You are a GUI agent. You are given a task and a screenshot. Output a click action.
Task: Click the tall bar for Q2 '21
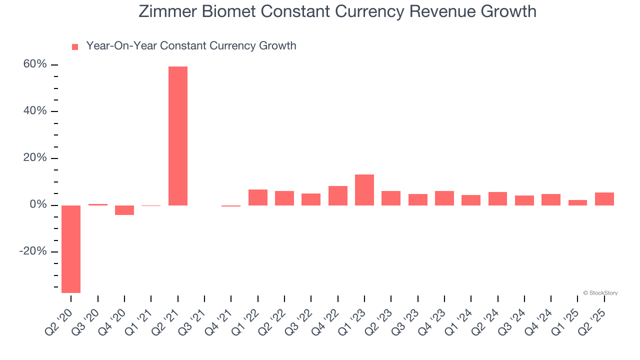pos(177,136)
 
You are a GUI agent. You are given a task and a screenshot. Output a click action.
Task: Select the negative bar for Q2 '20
pos(71,249)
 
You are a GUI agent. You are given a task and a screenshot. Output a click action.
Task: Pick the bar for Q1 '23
pos(364,190)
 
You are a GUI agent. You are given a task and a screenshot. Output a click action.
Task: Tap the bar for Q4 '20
pos(124,210)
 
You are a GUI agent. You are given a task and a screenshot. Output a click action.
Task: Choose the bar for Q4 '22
pos(338,195)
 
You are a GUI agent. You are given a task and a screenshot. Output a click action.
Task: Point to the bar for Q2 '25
pos(604,199)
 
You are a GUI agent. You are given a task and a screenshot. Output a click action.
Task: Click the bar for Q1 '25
pos(577,202)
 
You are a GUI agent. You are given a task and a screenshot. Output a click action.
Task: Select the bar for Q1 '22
pos(258,197)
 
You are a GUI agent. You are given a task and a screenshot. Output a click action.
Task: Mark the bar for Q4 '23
pos(444,198)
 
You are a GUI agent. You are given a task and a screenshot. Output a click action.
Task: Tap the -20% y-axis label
pos(33,251)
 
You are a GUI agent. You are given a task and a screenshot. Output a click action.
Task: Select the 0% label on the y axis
pos(38,205)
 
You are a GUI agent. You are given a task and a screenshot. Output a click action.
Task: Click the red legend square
pos(75,47)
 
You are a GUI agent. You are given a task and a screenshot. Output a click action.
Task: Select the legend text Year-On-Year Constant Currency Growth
pos(191,46)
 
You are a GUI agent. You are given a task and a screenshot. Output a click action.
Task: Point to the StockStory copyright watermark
pos(600,293)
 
